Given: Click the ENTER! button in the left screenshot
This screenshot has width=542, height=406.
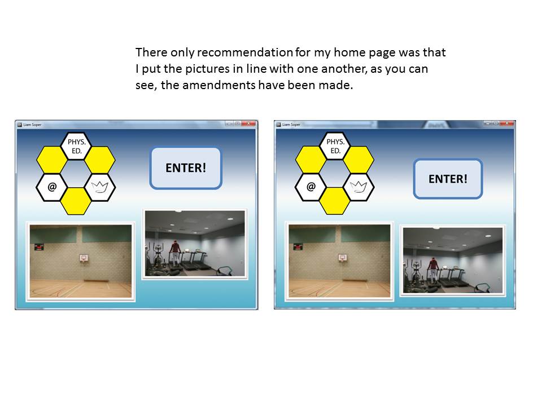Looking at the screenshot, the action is coord(186,168).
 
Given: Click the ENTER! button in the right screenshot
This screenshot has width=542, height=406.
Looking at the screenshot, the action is coord(448,179).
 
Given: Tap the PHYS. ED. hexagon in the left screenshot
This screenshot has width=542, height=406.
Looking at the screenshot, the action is coord(76,147).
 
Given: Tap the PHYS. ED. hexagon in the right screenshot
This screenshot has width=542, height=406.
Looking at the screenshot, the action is coord(335,147).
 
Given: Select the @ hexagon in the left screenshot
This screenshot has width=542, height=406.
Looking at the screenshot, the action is coord(52,187).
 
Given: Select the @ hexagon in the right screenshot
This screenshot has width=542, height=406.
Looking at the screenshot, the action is coord(311,187).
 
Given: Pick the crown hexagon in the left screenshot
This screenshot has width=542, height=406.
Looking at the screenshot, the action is coord(100,187).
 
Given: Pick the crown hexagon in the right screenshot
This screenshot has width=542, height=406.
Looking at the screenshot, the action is coord(359,187).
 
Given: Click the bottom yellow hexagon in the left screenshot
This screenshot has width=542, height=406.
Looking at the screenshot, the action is coord(76,201).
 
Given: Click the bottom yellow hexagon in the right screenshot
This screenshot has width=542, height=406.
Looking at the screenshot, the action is coord(335,201).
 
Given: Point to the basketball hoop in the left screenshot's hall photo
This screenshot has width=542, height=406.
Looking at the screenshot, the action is coord(84,258).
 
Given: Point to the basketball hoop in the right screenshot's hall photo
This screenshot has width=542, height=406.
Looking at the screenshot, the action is coord(343,258).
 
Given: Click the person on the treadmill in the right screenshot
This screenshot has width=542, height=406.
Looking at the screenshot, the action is coord(434,271).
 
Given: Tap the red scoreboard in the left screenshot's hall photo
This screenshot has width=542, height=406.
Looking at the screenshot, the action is coord(39,247).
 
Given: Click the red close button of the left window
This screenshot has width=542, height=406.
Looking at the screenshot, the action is coord(248,123).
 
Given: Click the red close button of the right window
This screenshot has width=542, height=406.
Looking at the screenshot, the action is coord(507,123).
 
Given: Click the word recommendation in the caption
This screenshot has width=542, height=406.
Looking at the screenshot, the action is coord(245,52).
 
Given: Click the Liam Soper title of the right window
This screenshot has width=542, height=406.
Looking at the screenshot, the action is coord(291,125).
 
